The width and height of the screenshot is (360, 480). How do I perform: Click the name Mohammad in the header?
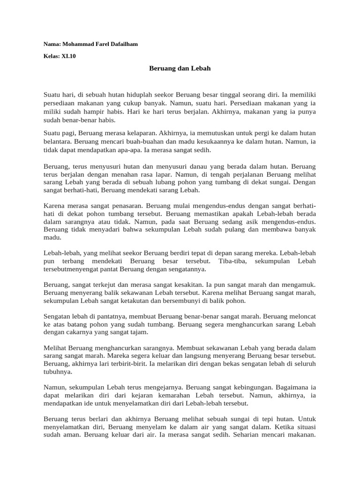(x=80, y=44)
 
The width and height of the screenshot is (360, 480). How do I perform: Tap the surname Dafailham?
(x=122, y=44)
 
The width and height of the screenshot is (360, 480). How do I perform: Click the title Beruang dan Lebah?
(x=180, y=68)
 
